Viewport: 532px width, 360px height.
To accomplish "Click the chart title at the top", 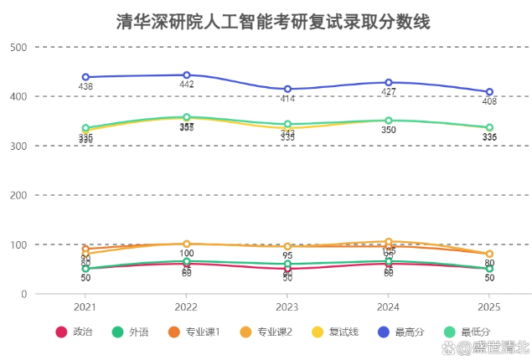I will (273, 22).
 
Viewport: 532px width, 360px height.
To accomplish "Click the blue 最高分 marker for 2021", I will (85, 77).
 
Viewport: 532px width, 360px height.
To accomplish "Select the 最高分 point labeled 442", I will (187, 75).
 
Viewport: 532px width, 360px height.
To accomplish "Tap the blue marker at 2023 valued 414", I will (287, 89).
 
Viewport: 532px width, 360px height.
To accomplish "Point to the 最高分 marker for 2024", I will (389, 82).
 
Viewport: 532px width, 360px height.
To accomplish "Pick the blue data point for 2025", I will (489, 92).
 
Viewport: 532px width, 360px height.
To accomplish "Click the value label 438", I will (85, 87).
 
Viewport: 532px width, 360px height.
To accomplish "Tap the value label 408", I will (489, 102).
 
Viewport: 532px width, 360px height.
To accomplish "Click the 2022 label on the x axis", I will (187, 306).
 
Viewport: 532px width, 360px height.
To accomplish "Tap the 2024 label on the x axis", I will (389, 306).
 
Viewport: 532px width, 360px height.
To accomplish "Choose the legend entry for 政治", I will (73, 332).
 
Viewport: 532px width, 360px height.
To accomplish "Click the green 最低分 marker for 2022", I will (187, 118).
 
